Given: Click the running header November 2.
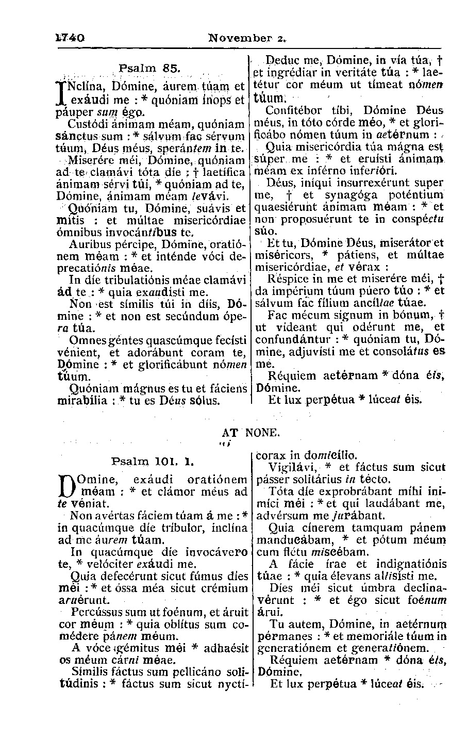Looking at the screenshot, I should point(247,38).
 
